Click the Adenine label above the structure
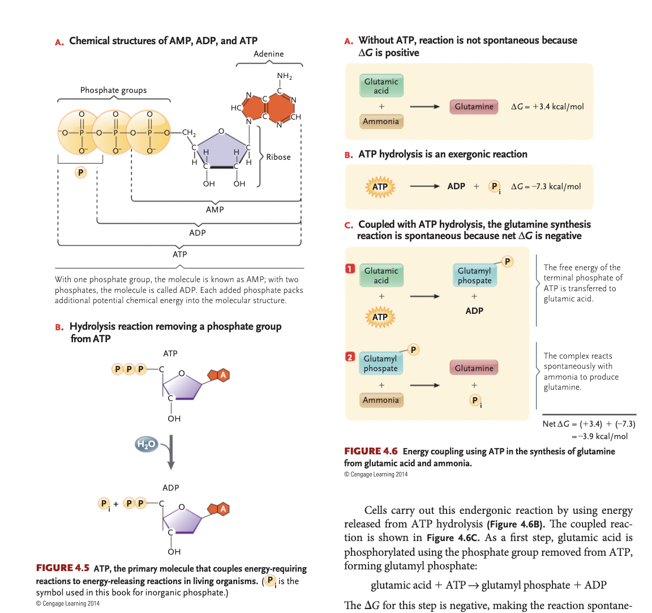click(268, 54)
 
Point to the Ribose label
click(278, 157)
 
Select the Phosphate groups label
click(113, 90)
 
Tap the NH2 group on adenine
click(284, 76)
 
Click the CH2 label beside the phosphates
click(188, 133)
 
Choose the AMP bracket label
click(215, 210)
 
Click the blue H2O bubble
click(146, 444)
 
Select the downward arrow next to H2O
click(170, 452)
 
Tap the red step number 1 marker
click(350, 269)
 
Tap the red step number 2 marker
click(350, 357)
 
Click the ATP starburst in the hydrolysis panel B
click(380, 187)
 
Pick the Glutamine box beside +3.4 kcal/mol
click(474, 107)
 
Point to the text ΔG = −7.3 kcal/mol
click(546, 186)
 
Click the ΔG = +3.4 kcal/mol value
click(547, 107)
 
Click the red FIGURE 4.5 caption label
click(62, 568)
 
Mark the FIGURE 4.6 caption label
click(371, 451)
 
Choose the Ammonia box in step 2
click(381, 400)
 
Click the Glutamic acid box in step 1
click(381, 275)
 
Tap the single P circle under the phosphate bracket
click(81, 172)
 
